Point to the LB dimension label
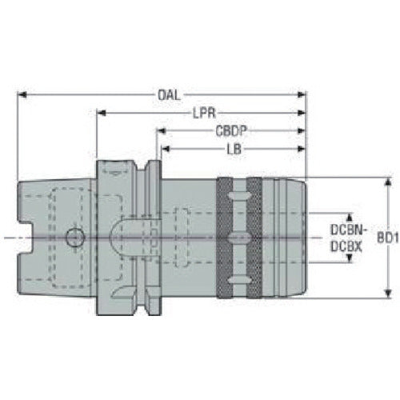231,148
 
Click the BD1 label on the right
386,238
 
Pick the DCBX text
346,246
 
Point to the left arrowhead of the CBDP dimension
159,130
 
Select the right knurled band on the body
254,238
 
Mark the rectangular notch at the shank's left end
23,238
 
